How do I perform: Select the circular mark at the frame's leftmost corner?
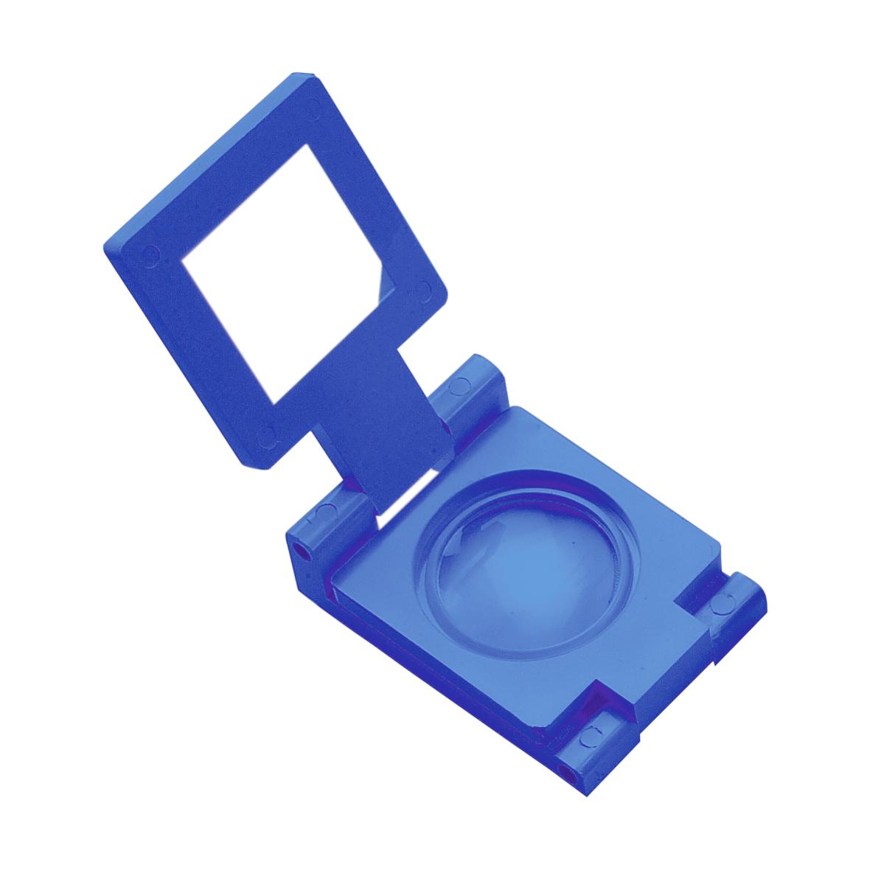point(150,254)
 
